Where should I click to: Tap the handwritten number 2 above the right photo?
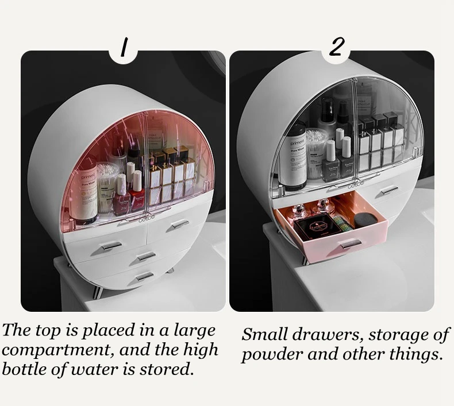click(337, 47)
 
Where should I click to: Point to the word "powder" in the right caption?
click(272, 355)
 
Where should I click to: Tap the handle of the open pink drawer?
click(351, 245)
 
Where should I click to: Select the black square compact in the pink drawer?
click(315, 227)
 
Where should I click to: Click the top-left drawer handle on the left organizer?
click(111, 246)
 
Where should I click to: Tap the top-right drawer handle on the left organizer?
click(179, 224)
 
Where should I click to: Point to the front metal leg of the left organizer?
click(98, 291)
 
